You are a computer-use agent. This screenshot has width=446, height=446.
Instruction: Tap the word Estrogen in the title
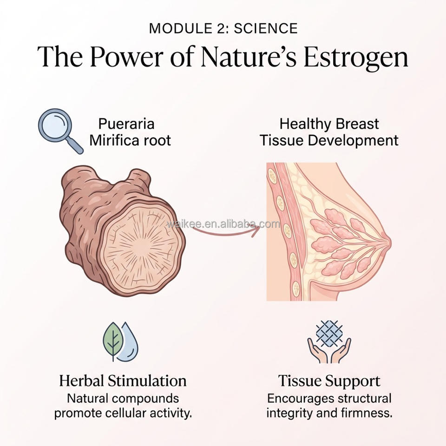point(356,57)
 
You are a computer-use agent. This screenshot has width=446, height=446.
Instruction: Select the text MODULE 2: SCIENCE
point(223,28)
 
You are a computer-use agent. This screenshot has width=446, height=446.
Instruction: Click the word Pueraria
point(126,124)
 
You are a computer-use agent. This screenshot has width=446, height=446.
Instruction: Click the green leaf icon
point(113,341)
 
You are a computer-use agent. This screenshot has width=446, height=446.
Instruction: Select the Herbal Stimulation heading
point(123,381)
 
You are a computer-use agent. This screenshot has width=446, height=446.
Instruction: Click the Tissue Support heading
point(329,381)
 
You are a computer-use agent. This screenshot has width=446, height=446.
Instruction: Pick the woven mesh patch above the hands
point(329,334)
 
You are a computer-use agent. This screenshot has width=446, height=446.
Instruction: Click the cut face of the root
point(141,247)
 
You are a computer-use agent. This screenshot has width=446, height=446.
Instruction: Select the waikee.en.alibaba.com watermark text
point(223,224)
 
